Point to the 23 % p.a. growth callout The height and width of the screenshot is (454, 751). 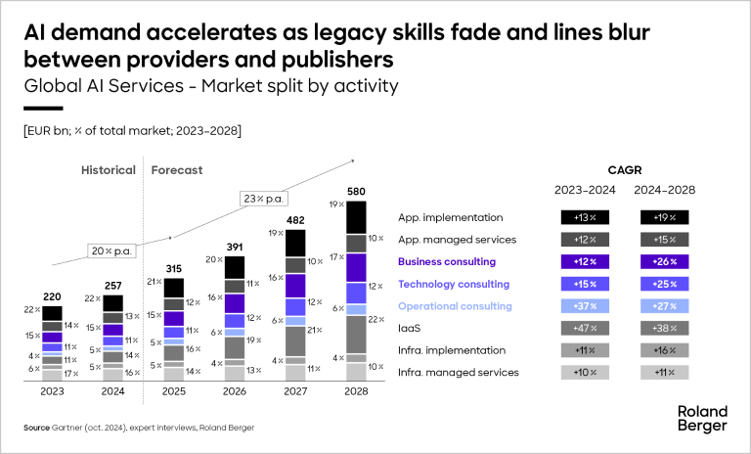(x=265, y=200)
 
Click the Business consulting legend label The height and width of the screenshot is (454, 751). (x=448, y=262)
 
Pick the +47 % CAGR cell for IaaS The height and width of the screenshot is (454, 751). (x=585, y=328)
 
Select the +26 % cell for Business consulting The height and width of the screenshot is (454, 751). (x=665, y=262)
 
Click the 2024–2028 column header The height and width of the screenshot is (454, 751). (x=665, y=191)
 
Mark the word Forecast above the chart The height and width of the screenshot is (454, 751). (x=177, y=170)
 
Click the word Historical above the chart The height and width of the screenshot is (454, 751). (x=108, y=170)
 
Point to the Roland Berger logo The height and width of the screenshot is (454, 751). (x=702, y=419)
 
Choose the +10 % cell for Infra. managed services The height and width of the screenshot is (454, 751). (x=585, y=372)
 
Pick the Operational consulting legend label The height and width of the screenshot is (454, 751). (x=456, y=306)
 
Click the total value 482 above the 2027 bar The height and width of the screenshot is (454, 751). (x=295, y=221)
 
